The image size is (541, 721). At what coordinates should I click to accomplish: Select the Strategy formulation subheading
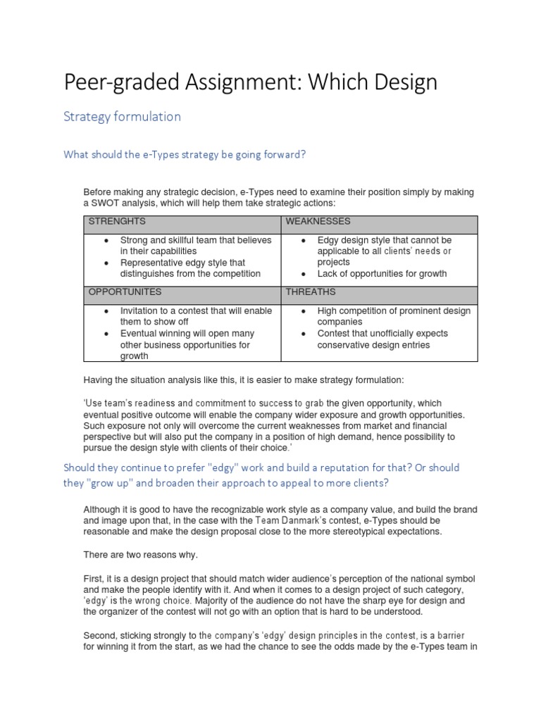[x=122, y=117]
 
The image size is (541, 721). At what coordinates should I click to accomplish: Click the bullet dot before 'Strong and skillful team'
[x=105, y=241]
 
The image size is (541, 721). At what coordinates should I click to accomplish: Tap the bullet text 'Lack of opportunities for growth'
[x=382, y=274]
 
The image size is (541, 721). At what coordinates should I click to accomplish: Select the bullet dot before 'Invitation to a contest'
[x=105, y=311]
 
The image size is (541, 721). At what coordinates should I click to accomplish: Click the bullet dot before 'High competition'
[x=302, y=311]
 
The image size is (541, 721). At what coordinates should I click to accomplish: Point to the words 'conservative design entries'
[x=373, y=345]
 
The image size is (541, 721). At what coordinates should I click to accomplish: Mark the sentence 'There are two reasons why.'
[x=141, y=555]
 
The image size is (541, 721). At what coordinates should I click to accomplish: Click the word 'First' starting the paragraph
[x=94, y=578]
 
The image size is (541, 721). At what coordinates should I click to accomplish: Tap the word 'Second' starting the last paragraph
[x=99, y=635]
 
